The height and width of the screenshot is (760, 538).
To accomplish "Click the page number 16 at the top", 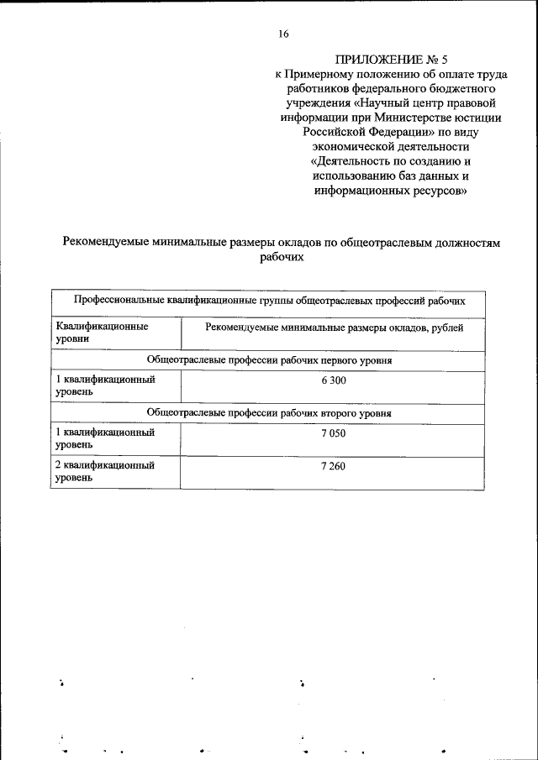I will click(x=283, y=34).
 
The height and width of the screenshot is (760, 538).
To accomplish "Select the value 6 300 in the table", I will click(x=333, y=380).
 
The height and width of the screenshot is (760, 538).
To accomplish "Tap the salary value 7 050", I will click(x=333, y=433).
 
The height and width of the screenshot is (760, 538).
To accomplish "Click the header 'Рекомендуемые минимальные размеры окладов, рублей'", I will click(x=334, y=328).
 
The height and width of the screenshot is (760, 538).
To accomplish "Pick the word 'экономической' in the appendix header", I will click(x=351, y=147).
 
